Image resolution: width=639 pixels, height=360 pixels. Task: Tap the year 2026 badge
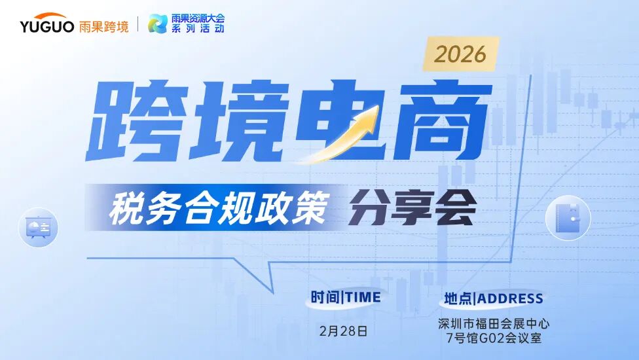tap(460, 54)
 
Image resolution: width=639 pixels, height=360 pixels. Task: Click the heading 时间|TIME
tap(345, 297)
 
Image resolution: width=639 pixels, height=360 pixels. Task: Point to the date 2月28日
tap(344, 331)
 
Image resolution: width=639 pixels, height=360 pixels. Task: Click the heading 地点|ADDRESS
tap(494, 298)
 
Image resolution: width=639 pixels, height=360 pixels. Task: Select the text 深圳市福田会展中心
tap(494, 323)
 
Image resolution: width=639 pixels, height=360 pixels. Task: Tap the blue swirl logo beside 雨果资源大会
tap(158, 24)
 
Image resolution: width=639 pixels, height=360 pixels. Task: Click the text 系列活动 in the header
tap(197, 29)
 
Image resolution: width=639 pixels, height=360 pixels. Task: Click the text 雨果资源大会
tap(197, 18)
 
